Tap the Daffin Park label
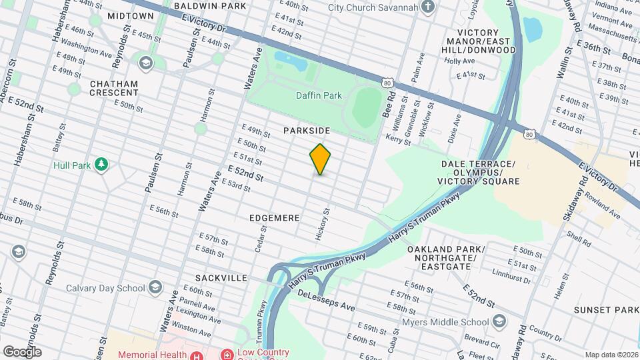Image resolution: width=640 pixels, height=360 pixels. [x=319, y=95]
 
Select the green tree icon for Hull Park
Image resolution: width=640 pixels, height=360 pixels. [x=101, y=164]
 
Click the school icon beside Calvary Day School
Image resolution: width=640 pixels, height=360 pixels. [x=155, y=288]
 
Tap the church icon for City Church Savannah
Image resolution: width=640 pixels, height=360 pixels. [x=428, y=8]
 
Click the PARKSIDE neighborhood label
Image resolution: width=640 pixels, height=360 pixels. [x=307, y=131]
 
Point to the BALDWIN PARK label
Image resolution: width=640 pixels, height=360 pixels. [x=202, y=5]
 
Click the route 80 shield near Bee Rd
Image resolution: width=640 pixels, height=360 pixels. [x=387, y=83]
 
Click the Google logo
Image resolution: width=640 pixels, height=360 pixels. [x=22, y=351]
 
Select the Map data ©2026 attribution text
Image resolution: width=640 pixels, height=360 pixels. [x=611, y=355]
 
